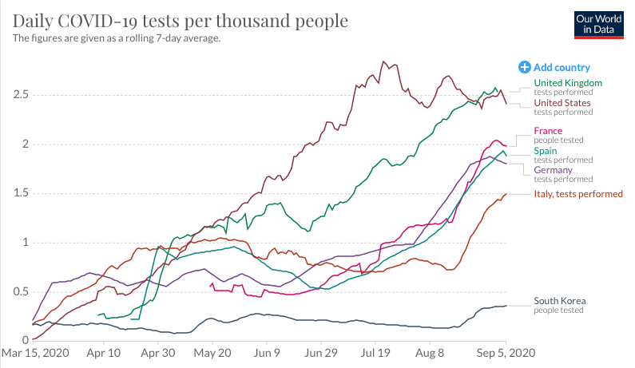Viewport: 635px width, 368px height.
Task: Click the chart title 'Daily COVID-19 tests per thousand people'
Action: click(180, 20)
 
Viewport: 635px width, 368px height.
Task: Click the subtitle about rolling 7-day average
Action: click(117, 38)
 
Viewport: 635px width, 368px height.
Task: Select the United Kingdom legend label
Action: click(567, 83)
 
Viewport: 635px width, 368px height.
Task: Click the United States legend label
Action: click(562, 103)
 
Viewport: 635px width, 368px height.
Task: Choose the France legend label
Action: click(548, 131)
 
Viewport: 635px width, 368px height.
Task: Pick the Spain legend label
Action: click(546, 151)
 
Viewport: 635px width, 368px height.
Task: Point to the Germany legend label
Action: click(552, 171)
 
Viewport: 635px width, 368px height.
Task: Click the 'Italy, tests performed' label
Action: click(577, 194)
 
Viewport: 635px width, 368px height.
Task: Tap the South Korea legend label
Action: click(559, 301)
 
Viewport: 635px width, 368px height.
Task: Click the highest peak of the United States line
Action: click(384, 61)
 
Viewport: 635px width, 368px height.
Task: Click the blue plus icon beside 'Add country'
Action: click(525, 68)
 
